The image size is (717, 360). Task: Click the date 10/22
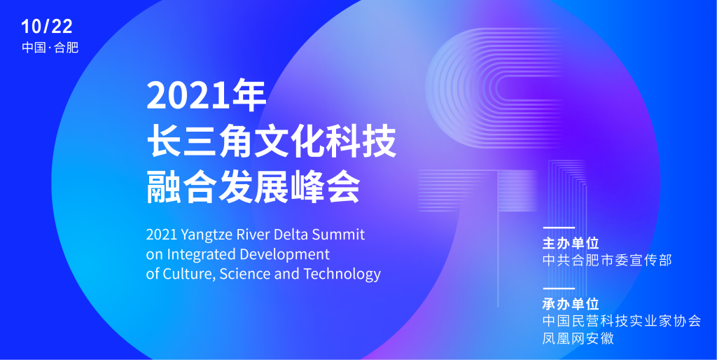pos(47,27)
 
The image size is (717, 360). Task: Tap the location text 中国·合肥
pos(50,48)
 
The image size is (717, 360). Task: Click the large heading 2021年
pos(207,96)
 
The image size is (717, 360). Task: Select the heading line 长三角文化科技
pos(271,143)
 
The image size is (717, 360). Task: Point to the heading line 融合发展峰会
pos(253,188)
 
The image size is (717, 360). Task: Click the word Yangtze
pos(207,235)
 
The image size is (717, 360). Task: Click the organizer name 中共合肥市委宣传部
pos(607,261)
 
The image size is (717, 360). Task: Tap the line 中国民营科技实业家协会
pos(622,321)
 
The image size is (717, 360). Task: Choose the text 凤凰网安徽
pos(578,338)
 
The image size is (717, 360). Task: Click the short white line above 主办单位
pos(558,228)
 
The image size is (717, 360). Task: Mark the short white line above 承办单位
pos(558,288)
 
